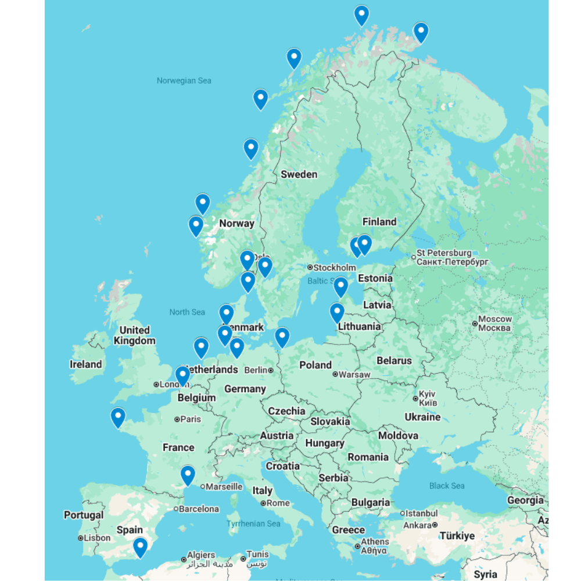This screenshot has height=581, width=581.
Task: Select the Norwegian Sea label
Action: coord(184,81)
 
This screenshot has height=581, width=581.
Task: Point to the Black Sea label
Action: coord(447,486)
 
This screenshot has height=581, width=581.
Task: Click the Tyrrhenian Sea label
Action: coord(253,523)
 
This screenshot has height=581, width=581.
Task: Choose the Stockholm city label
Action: coord(334,268)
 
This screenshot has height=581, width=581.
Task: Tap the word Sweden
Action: coord(299,174)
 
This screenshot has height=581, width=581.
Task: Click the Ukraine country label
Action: coord(422,417)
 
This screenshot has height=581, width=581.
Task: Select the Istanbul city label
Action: coord(421,513)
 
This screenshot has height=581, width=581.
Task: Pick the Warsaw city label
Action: coord(354,375)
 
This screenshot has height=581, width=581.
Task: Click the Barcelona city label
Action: coord(199,509)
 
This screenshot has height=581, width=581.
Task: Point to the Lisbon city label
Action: coord(96,538)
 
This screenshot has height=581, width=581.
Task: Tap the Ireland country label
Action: coord(85,364)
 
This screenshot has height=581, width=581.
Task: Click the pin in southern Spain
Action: coord(140,547)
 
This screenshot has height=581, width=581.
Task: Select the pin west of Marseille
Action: coord(187,475)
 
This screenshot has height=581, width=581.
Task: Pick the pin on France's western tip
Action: coord(118,417)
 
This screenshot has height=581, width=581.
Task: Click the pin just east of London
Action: coord(182,375)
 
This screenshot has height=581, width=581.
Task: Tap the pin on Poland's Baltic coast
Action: coord(282,337)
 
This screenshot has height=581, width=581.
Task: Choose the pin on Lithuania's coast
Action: coord(337,313)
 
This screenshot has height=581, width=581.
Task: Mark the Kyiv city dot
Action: coord(415,399)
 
